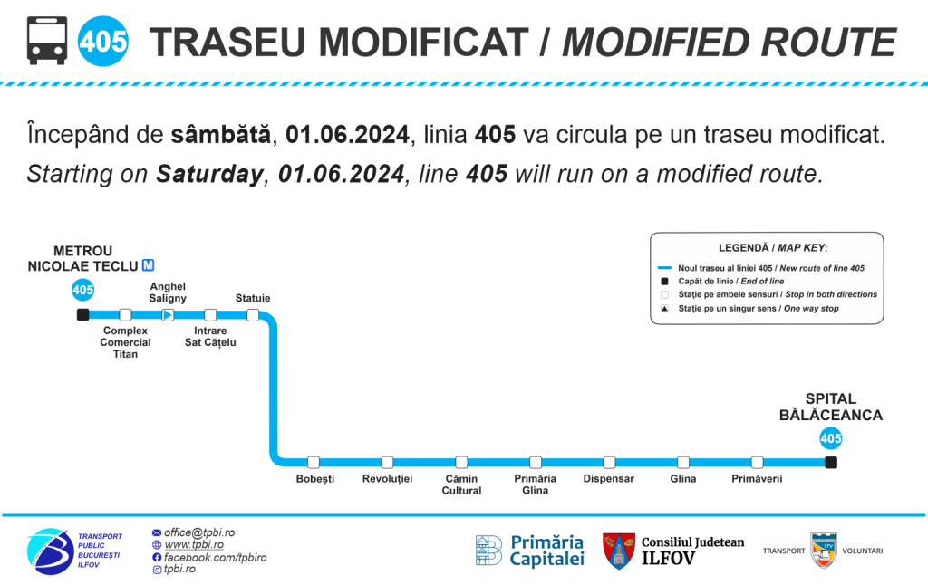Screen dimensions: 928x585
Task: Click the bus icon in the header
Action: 47,41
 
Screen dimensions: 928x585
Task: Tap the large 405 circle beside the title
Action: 103,42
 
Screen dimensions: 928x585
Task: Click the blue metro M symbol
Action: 148,265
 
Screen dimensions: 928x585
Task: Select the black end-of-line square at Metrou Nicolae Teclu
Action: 82,314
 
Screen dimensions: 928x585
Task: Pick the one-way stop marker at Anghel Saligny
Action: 168,314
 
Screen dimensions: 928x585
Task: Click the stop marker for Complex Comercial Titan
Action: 125,314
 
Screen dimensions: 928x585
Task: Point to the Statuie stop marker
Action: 253,314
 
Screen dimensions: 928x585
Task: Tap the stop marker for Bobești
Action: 314,462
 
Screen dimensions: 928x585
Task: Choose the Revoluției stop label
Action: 387,478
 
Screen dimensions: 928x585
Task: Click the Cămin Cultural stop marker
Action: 461,462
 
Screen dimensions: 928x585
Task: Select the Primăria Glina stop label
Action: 535,484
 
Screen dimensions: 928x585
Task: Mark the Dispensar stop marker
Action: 609,462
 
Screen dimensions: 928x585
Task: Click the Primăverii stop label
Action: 757,478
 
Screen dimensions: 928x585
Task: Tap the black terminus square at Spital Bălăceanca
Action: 831,462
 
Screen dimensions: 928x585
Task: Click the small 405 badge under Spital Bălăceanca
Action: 831,438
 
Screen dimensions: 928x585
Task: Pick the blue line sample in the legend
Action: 664,268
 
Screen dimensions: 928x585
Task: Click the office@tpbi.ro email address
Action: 199,532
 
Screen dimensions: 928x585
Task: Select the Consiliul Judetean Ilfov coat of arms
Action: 619,551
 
